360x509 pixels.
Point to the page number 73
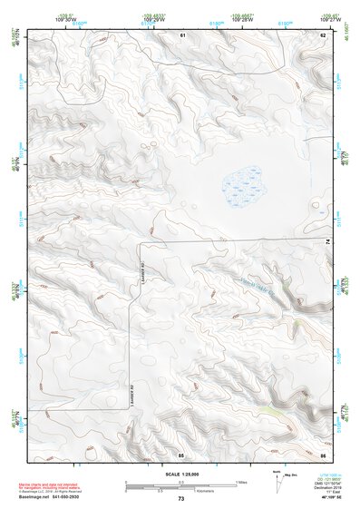tap(180, 499)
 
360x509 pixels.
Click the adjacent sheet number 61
tap(182, 34)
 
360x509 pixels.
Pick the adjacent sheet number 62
tap(323, 34)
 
